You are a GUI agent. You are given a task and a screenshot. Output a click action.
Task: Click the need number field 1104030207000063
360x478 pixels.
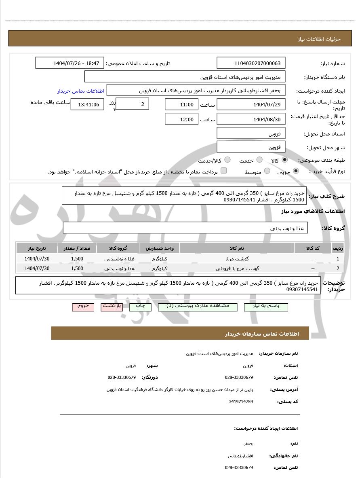(251, 63)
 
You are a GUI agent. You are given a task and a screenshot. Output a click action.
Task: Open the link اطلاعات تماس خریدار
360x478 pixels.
(80, 91)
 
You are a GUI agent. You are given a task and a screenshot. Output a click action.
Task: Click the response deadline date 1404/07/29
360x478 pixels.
(251, 105)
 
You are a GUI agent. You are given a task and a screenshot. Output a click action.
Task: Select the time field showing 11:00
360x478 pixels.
(181, 105)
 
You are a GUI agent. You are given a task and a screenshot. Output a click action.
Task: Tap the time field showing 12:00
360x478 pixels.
(181, 119)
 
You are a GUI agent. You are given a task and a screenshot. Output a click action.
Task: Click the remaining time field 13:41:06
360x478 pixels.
(87, 105)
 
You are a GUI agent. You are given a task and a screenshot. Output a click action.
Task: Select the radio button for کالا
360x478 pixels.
(285, 160)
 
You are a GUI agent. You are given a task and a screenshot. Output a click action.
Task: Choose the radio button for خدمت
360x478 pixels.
(259, 160)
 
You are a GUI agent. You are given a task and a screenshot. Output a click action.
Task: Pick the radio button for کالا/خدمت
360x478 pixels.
(227, 160)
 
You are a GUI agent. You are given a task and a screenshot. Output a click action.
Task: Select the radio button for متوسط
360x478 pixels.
(267, 171)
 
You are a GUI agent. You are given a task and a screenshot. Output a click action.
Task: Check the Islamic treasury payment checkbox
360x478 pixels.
(223, 171)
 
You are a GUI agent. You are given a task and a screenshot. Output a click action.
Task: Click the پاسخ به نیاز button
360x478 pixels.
(266, 307)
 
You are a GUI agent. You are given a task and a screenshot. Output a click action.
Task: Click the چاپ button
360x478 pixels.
(140, 307)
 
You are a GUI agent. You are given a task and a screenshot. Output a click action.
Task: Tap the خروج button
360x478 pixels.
(83, 307)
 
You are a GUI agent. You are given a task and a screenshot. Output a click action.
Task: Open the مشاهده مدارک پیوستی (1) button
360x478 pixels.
(198, 307)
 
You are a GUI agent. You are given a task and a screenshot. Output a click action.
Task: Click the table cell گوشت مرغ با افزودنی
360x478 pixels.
(237, 268)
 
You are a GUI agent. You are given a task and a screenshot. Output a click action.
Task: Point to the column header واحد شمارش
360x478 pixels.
(160, 248)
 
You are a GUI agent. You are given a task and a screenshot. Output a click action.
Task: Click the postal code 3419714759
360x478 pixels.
(240, 402)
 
